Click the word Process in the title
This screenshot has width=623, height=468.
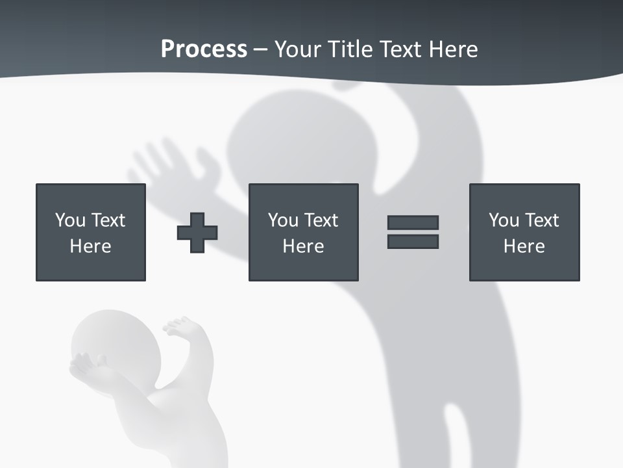(204, 49)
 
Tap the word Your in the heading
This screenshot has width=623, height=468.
(297, 49)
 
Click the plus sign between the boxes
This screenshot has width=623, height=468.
(197, 233)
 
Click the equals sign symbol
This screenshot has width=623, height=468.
(413, 232)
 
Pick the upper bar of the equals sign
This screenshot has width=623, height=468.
(413, 222)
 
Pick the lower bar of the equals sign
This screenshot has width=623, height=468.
(413, 242)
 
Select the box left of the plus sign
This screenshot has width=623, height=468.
(91, 232)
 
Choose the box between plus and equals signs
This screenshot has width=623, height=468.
(303, 232)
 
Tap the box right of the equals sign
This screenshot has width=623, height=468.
(524, 232)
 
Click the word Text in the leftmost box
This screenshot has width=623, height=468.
(108, 220)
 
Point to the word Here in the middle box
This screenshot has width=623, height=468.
(303, 246)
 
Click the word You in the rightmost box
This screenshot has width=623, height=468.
(504, 220)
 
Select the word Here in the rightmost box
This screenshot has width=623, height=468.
(524, 246)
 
